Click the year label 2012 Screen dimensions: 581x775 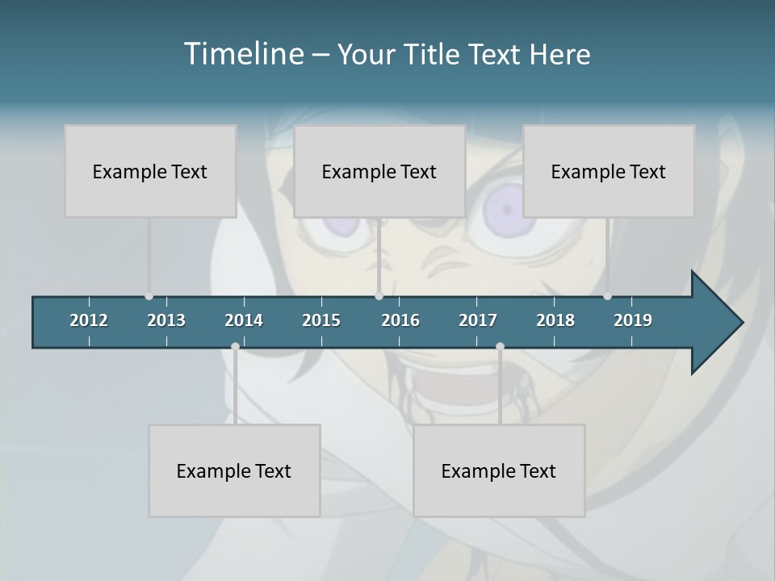[x=89, y=320]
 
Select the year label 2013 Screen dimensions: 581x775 [x=166, y=320]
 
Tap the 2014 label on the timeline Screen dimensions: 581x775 [x=244, y=320]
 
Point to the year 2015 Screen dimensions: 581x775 [x=321, y=320]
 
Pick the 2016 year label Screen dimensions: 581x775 [x=400, y=320]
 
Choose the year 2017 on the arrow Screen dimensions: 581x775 [x=478, y=320]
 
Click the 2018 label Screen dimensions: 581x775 [x=555, y=320]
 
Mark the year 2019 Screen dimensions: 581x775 [x=633, y=320]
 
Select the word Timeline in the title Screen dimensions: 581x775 [x=243, y=54]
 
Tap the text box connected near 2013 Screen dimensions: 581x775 [x=150, y=171]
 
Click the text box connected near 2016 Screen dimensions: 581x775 [x=379, y=171]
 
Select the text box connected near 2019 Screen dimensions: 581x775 [x=609, y=171]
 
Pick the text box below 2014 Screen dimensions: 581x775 [x=234, y=470]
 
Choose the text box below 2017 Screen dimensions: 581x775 [x=499, y=470]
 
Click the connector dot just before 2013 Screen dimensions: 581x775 [x=149, y=296]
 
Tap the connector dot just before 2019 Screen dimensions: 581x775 [x=607, y=296]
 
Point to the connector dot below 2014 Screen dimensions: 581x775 [x=235, y=346]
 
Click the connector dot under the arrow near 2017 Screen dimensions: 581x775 [x=500, y=346]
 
